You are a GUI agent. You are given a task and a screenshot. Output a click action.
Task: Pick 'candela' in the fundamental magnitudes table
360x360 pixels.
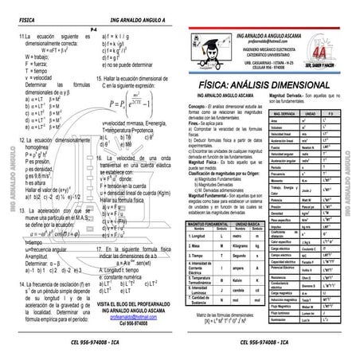click(x=237, y=291)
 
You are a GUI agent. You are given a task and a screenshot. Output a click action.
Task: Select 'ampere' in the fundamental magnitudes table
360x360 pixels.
click(x=237, y=269)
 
